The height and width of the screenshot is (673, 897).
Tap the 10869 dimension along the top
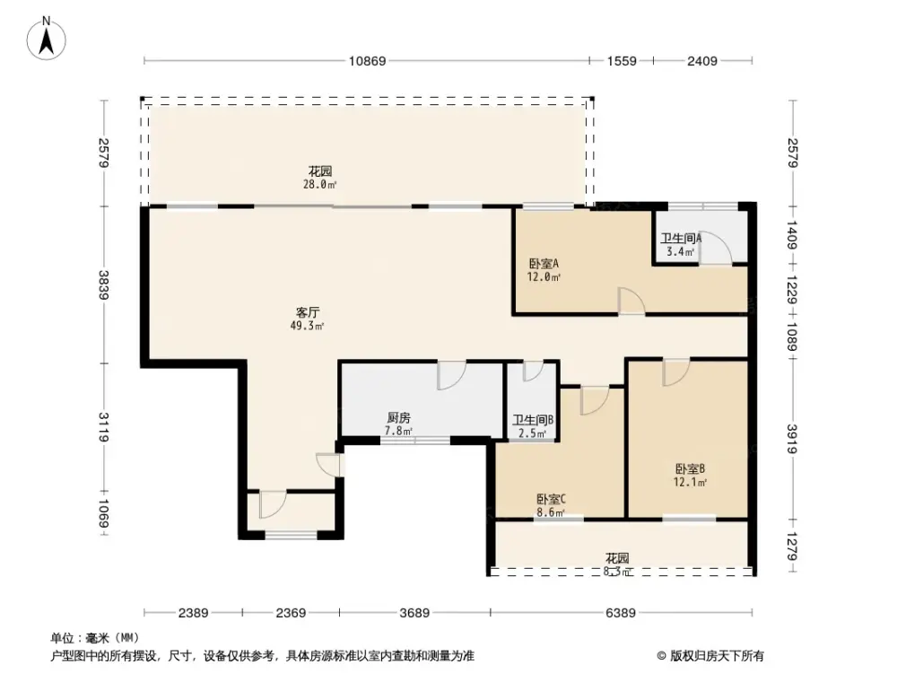(367, 61)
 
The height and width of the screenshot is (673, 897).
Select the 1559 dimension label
(621, 61)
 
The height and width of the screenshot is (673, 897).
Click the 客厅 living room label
(309, 312)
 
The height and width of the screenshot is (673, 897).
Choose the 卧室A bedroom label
(544, 264)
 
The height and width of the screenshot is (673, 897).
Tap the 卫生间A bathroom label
(681, 239)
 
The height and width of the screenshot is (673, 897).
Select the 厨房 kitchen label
(398, 418)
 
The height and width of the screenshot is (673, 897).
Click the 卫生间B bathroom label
(532, 421)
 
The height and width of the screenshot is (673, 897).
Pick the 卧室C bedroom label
(551, 500)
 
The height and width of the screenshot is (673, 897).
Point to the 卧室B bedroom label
(690, 468)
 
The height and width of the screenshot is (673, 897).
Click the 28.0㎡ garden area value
(320, 185)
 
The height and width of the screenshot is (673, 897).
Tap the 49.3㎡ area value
(309, 326)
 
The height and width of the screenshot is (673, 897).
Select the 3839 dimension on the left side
(105, 284)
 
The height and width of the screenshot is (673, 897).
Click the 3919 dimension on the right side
(793, 439)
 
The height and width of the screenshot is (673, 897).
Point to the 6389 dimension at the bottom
(620, 614)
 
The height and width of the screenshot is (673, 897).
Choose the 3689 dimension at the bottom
(414, 614)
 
